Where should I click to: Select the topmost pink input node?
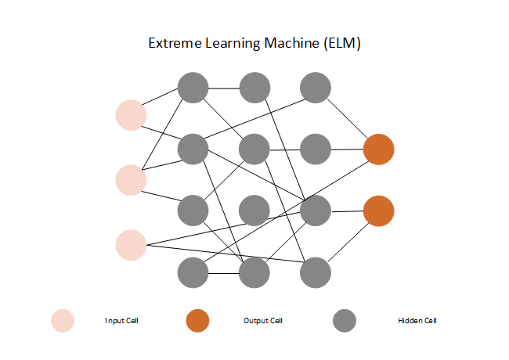click(131, 115)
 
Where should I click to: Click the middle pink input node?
click(131, 180)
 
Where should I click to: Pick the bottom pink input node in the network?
click(131, 244)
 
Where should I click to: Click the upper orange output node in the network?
click(378, 149)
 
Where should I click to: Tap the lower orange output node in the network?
click(378, 211)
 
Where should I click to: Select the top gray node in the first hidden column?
click(193, 88)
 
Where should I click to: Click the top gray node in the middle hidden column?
click(254, 88)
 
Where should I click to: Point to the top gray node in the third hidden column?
click(316, 88)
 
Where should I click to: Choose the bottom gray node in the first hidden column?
click(193, 272)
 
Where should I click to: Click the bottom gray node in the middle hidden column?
click(254, 272)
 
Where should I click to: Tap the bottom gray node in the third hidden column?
click(316, 272)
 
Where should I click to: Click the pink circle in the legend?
click(63, 321)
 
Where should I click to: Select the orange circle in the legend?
click(198, 321)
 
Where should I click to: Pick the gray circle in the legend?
click(344, 321)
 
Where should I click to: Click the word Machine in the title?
click(289, 44)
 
